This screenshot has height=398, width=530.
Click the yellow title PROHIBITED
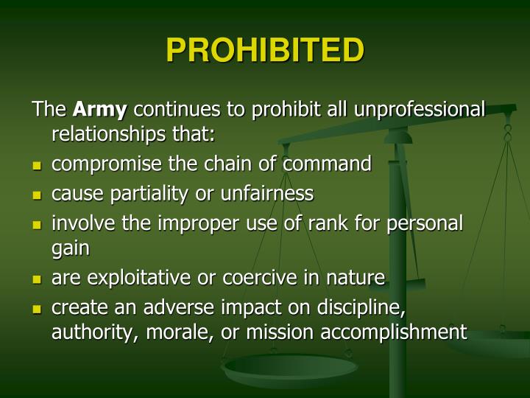[265, 51]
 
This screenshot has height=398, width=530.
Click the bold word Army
[99, 110]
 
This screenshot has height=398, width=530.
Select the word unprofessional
[420, 110]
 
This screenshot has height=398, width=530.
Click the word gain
[70, 249]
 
